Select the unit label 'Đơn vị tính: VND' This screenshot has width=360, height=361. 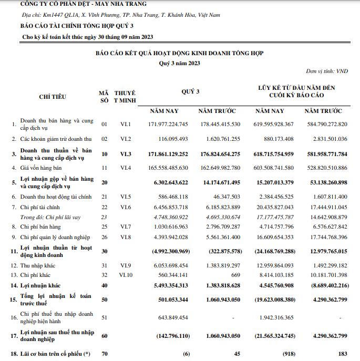327,71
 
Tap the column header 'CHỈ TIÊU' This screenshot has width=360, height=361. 52,96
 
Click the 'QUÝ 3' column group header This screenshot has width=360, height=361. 190,91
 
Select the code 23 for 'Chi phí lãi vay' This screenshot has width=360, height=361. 104,217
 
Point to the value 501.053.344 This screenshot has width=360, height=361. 168,300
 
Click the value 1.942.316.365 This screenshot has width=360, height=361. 274,317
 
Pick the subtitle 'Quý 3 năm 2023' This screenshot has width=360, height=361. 179,63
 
